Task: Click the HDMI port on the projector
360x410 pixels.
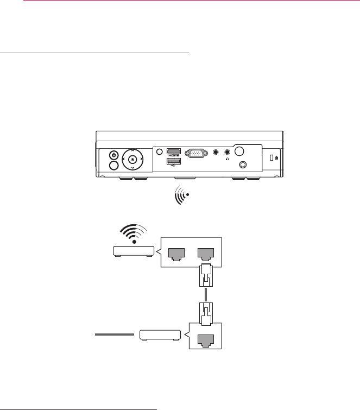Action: [x=174, y=152]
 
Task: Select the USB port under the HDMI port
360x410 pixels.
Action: [x=174, y=161]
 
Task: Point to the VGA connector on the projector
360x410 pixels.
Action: [x=196, y=154]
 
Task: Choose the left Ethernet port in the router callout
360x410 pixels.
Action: [x=176, y=252]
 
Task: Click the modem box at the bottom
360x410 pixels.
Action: [x=159, y=335]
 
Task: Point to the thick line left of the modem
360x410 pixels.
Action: [x=114, y=335]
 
